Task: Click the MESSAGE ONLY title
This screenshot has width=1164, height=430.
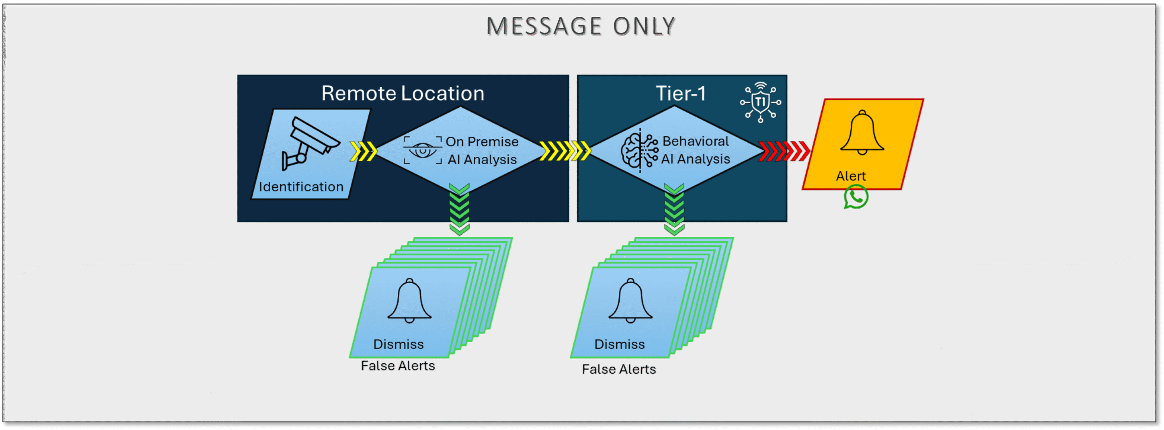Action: point(581,26)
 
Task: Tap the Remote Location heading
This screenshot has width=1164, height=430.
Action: point(403,93)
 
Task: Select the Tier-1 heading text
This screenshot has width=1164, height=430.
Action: point(681,93)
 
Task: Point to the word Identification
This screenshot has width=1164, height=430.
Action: point(301,187)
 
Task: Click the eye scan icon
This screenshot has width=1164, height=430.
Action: point(422,150)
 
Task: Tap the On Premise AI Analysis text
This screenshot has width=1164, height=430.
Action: point(482,150)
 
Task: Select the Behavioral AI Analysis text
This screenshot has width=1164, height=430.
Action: point(696,150)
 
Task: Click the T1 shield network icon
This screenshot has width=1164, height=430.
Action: point(760,102)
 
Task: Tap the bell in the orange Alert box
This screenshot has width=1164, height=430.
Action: point(862,132)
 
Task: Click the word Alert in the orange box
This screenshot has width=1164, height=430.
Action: point(851,176)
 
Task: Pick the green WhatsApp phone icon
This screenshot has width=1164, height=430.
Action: point(856,197)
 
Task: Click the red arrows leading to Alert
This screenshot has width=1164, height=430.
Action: point(784,151)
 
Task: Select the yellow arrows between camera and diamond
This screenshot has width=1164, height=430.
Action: point(363,151)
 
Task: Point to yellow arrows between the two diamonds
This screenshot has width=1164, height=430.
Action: point(565,151)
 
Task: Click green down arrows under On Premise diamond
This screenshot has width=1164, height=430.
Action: point(459,210)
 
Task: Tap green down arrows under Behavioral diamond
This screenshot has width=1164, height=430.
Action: point(674,210)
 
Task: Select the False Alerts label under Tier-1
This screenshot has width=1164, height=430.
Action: point(619,369)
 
